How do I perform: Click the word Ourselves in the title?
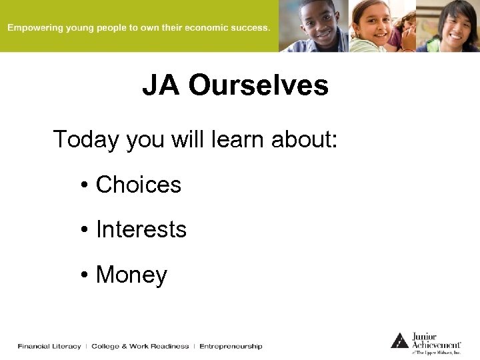click(x=259, y=86)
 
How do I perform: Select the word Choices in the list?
click(x=139, y=185)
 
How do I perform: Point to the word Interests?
click(x=141, y=229)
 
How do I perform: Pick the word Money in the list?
click(x=131, y=274)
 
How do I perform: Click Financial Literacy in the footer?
click(x=49, y=346)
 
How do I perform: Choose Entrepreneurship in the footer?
click(x=231, y=346)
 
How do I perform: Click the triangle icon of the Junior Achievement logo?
click(x=399, y=340)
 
